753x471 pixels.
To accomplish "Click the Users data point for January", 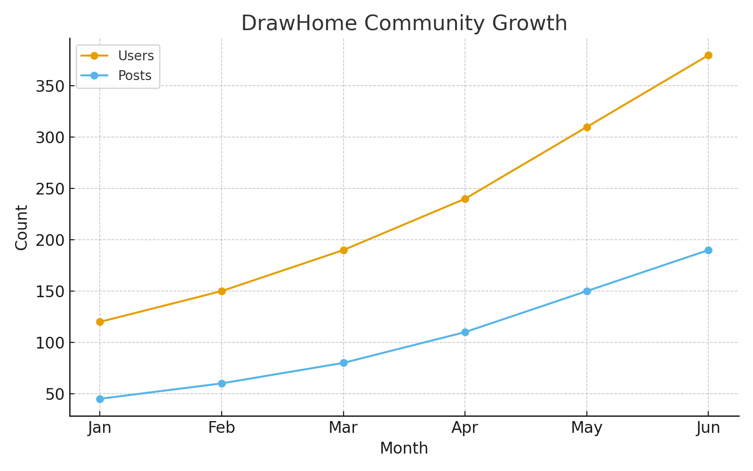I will [x=100, y=322].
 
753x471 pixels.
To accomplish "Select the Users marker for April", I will [x=465, y=199].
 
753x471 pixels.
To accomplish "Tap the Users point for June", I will [x=708, y=55].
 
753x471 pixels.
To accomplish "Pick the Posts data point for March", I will [x=344, y=363].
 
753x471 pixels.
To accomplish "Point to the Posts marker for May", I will [x=587, y=291].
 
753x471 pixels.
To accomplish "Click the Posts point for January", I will [x=100, y=399].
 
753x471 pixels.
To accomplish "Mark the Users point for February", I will [x=222, y=291].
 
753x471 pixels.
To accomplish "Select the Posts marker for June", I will [x=708, y=250].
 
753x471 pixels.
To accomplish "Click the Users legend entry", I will [x=136, y=56].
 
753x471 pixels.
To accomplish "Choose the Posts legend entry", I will [x=135, y=76].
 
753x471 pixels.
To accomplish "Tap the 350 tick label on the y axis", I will [x=49, y=86].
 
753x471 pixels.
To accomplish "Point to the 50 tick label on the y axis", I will [x=55, y=394].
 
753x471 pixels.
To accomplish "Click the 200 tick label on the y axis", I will [x=49, y=240].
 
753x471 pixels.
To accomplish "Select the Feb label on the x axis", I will [x=222, y=428].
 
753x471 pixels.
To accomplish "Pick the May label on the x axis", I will [x=587, y=428].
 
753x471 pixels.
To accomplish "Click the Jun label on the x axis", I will [x=708, y=428].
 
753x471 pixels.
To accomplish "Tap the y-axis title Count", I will [x=22, y=227].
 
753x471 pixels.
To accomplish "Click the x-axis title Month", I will [x=404, y=448].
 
